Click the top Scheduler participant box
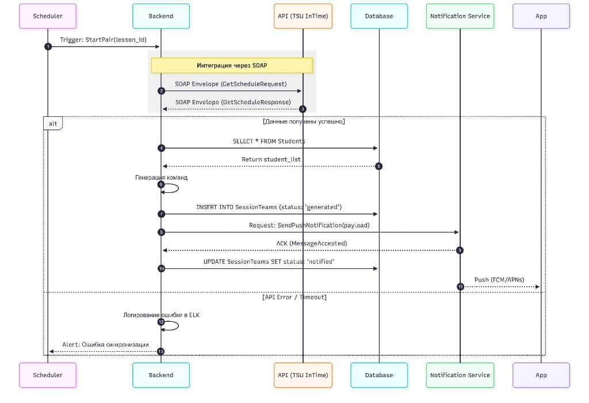48,16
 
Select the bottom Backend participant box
161,375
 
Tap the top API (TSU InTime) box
303,16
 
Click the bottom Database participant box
379,375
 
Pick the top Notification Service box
460,16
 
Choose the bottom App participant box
541,375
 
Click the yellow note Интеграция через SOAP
232,65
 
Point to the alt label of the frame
53,123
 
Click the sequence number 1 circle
48,47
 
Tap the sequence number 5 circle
378,166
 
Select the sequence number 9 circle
460,250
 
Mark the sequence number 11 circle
460,287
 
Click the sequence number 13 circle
161,351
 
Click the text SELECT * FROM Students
269,141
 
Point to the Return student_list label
271,159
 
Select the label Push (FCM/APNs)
499,280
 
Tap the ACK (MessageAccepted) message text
311,244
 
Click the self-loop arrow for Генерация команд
173,188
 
